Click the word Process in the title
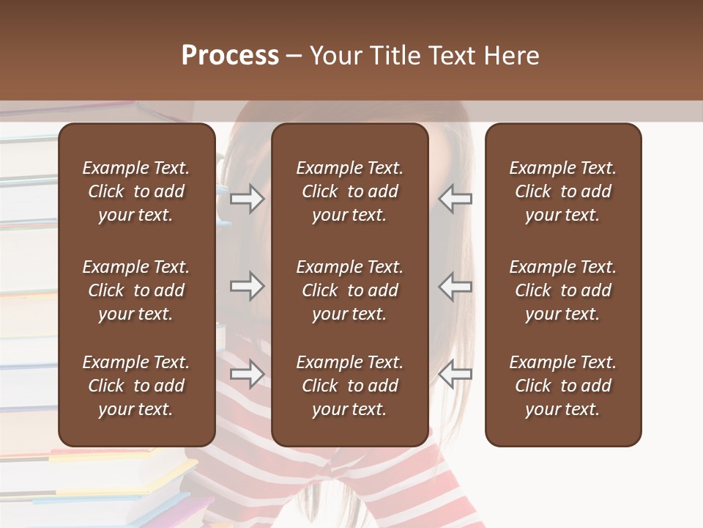tap(230, 55)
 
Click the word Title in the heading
tap(395, 55)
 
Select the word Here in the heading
tap(512, 55)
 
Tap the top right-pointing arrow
tap(247, 199)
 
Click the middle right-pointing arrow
tap(247, 286)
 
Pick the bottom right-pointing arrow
tap(247, 374)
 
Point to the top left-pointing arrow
tap(455, 199)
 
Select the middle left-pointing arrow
tap(455, 286)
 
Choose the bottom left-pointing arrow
tap(455, 374)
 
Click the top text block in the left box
tap(136, 191)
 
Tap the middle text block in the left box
tap(136, 290)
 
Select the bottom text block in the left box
tap(136, 386)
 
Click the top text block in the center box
tap(349, 191)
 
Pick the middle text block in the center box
tap(349, 290)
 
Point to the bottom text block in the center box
tap(349, 386)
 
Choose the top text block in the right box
tap(562, 191)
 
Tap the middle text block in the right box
tap(562, 290)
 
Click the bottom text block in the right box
tap(562, 386)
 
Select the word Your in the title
tap(335, 55)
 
